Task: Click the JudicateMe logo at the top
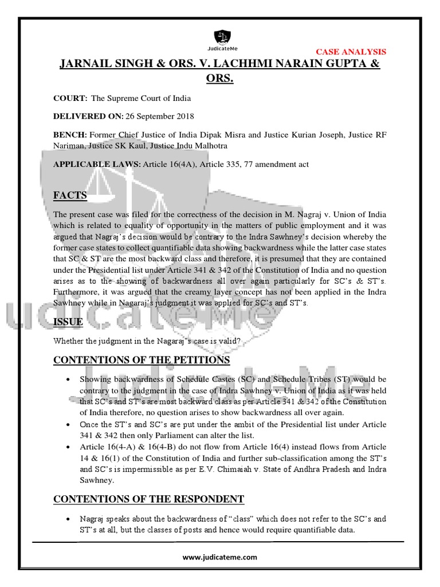point(219,39)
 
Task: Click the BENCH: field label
point(70,135)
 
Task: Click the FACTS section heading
point(70,196)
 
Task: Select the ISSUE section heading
point(68,322)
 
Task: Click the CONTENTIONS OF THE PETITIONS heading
point(142,360)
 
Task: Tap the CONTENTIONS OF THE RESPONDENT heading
point(148,499)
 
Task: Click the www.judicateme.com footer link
point(220,557)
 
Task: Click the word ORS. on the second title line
point(219,78)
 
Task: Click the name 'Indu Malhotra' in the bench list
point(203,146)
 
